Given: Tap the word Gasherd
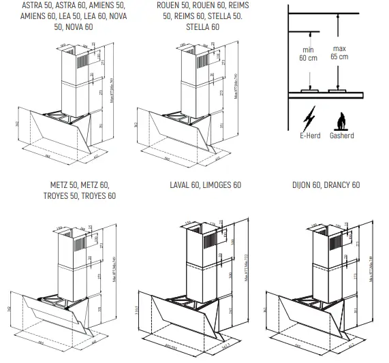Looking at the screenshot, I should pos(343,136).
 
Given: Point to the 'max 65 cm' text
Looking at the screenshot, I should pos(339,53).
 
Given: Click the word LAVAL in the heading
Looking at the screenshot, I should pos(183,185).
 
